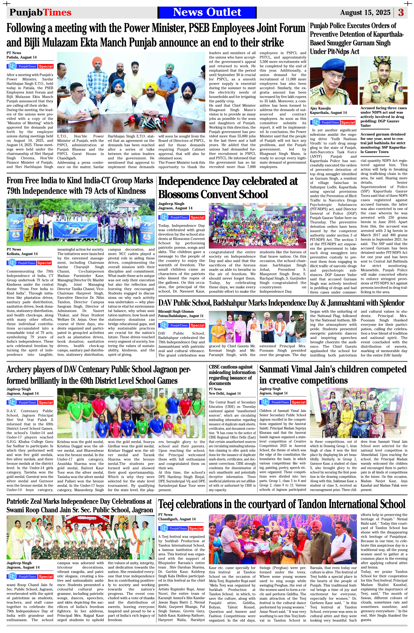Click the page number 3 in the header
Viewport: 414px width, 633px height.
[x=401, y=12]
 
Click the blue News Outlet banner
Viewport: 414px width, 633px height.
[x=207, y=12]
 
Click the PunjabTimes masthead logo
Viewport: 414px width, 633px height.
[x=40, y=12]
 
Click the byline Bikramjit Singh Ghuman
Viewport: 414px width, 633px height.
[x=176, y=311]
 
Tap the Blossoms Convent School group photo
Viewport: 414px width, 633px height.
[x=257, y=226]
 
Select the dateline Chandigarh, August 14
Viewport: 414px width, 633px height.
[x=177, y=519]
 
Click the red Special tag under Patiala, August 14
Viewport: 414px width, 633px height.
[x=46, y=66]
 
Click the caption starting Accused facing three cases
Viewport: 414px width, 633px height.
[x=383, y=117]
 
